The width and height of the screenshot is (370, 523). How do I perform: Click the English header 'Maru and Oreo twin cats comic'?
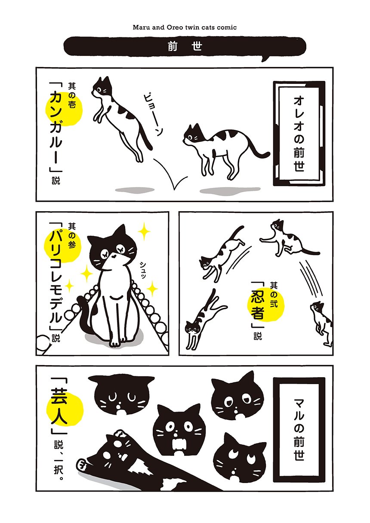point(185,28)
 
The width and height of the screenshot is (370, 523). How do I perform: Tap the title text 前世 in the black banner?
point(185,47)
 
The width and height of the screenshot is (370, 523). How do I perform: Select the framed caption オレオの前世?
point(299,133)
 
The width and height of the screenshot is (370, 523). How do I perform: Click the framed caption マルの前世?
point(299,428)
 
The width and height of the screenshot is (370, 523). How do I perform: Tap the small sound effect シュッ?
point(143,270)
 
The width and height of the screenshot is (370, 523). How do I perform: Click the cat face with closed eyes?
point(121,394)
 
